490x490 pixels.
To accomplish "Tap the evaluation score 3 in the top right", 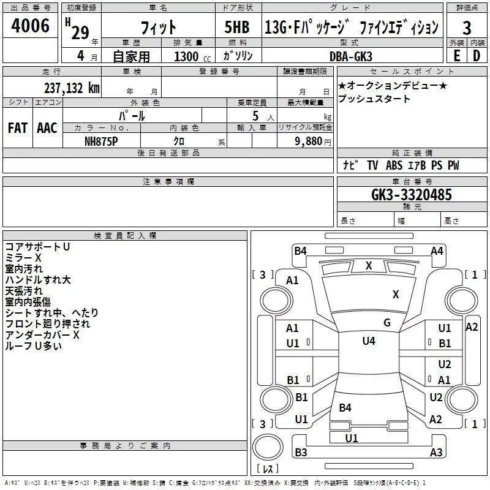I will pos(467,28).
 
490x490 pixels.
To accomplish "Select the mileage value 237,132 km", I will pos(71,88).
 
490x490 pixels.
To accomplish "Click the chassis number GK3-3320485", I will pos(412,195).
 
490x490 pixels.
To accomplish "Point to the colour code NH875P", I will pos(102,140).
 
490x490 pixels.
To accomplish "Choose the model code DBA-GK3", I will pos(351,56).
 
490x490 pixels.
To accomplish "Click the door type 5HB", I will pos(236,28).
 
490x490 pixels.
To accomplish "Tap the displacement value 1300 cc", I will pos(189,56).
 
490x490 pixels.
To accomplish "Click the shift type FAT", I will pos(17,128).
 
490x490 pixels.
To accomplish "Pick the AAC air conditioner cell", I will pos(47,128).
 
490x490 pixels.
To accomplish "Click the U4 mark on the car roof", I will pos(368,341).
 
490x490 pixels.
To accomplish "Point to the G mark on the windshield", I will pos(386,323).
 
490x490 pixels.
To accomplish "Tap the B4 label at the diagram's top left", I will pos(300,251).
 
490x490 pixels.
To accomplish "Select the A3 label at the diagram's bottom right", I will pos(436,453).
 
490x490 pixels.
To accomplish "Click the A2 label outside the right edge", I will pos(472,327).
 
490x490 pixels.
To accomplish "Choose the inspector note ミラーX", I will pos(23,257).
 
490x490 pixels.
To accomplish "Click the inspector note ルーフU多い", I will pos(33,345).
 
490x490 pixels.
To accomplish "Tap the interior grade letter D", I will pos(477,56).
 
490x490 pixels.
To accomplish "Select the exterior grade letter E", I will pos(456,56).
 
